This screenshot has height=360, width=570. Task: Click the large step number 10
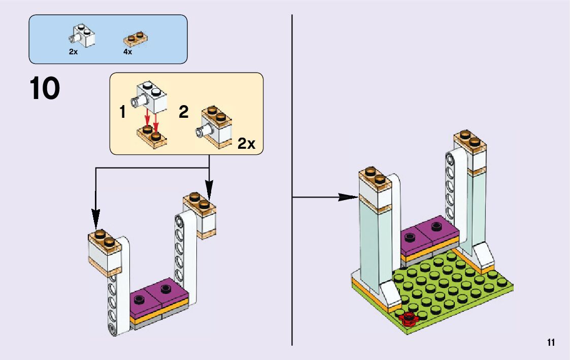click(x=45, y=89)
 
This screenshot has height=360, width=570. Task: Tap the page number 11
click(x=551, y=343)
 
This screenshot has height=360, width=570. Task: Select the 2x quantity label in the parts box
click(x=74, y=52)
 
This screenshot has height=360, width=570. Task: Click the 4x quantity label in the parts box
click(x=127, y=52)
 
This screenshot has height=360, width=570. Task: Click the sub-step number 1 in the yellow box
click(x=123, y=112)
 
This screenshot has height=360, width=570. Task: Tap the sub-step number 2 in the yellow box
click(x=184, y=112)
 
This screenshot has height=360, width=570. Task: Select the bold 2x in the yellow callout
click(x=247, y=144)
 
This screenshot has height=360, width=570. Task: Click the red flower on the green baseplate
click(x=408, y=318)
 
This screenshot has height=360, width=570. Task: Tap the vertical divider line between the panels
click(x=292, y=178)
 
